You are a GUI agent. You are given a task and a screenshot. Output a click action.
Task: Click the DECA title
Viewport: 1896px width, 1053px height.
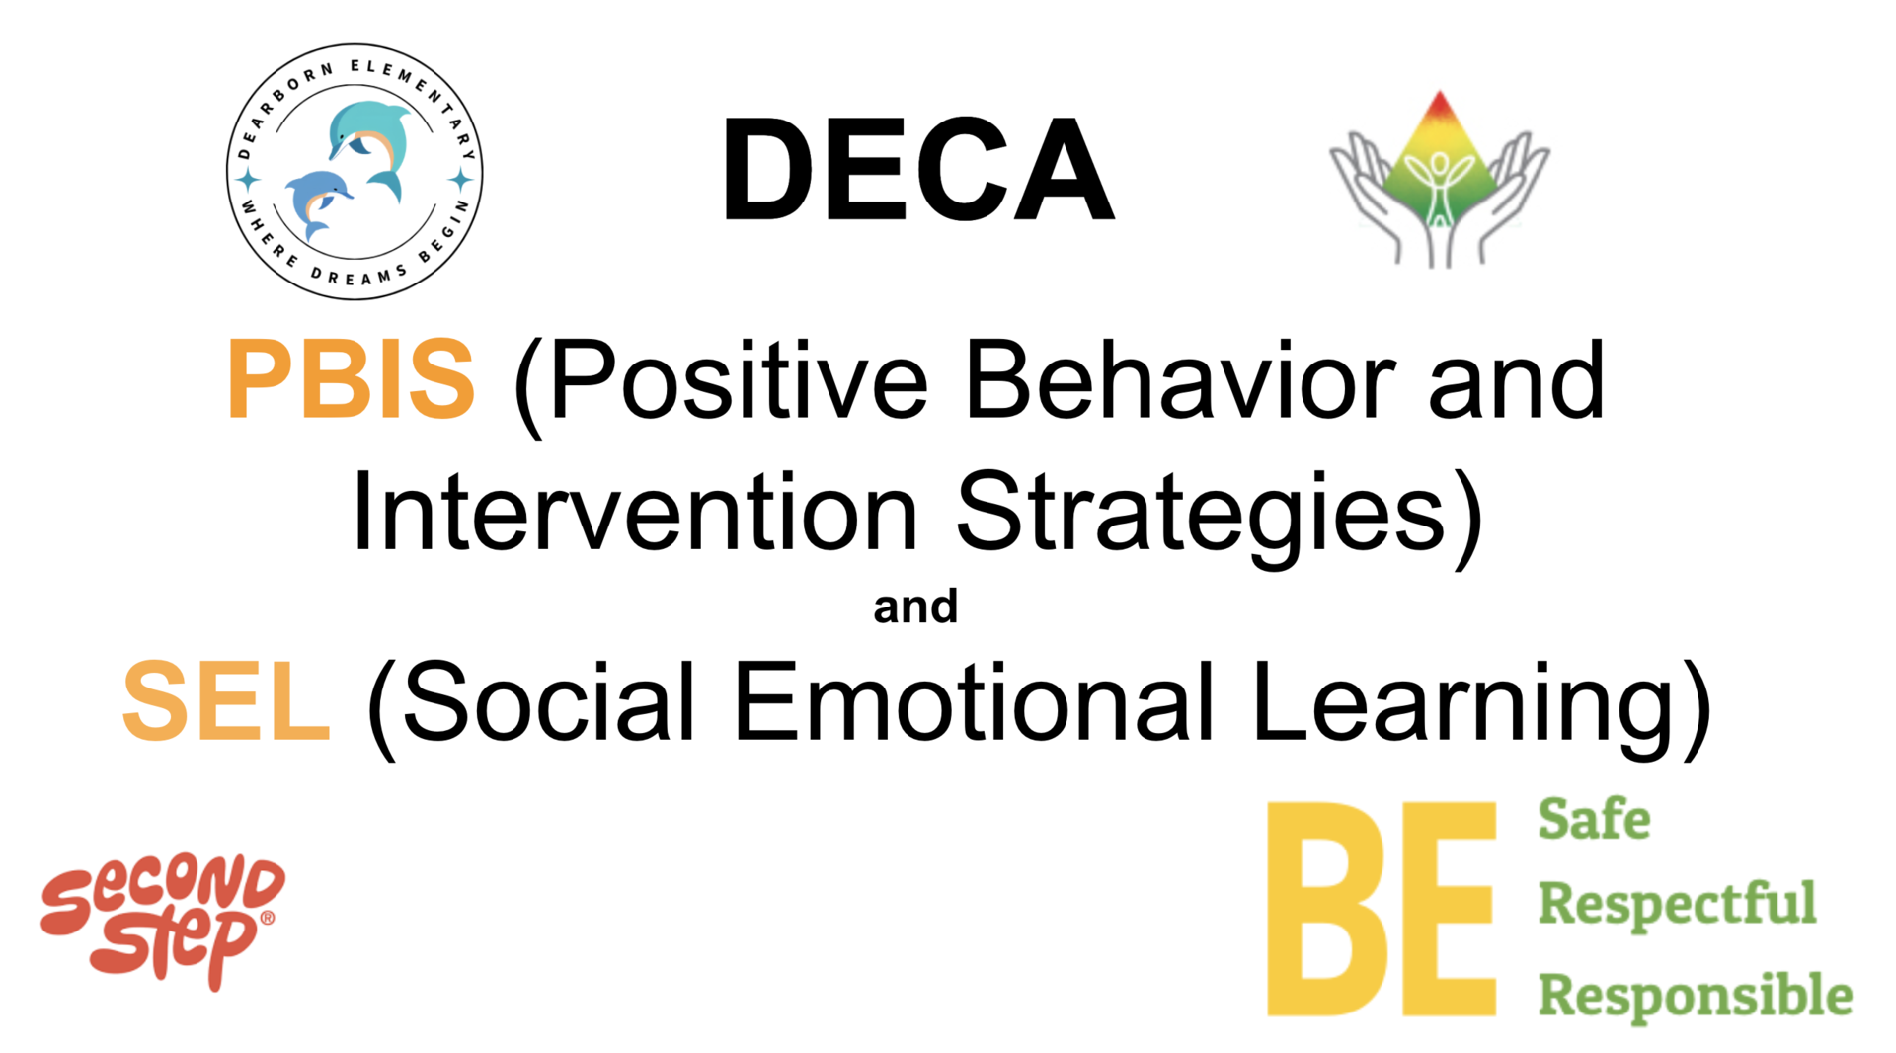(x=918, y=169)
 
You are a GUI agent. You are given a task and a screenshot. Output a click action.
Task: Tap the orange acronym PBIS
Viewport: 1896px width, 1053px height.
(x=352, y=378)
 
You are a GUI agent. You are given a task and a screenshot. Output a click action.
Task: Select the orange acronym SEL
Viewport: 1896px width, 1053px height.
(x=225, y=700)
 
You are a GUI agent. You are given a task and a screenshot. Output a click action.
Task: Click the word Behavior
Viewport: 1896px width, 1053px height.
(x=1180, y=380)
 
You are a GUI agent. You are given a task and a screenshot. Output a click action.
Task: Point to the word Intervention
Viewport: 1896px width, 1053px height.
(x=635, y=512)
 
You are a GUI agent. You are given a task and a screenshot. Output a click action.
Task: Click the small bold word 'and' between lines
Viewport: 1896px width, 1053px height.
(x=915, y=607)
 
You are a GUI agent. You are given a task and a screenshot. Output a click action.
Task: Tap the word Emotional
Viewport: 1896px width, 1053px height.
(x=974, y=700)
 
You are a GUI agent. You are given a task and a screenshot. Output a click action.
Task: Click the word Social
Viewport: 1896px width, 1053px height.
(x=549, y=700)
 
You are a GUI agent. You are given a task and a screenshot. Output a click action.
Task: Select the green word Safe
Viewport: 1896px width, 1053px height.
(x=1594, y=819)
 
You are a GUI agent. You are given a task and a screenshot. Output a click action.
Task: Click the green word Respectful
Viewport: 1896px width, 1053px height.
(x=1678, y=904)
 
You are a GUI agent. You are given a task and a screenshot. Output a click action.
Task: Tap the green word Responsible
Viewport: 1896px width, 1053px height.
(x=1696, y=995)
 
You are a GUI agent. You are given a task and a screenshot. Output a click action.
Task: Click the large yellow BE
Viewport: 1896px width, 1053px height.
(x=1382, y=909)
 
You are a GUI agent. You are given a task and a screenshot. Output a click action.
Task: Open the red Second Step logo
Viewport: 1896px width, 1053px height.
(x=163, y=922)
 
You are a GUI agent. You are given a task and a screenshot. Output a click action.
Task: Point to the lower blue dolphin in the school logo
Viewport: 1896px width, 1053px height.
(x=316, y=202)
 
